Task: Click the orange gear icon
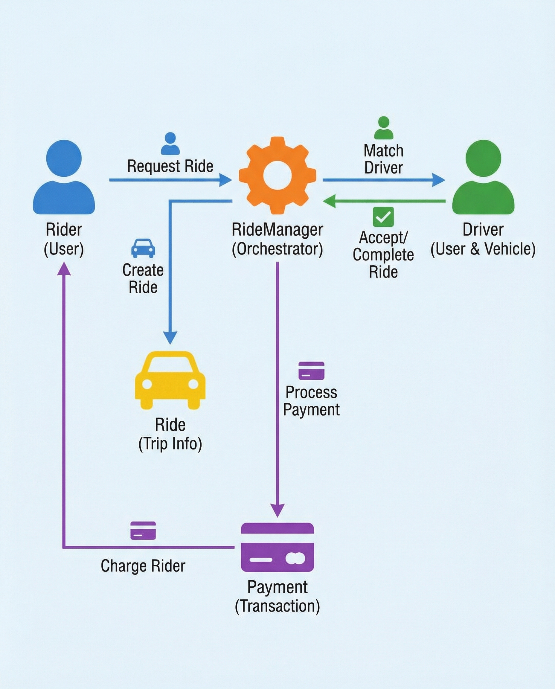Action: pyautogui.click(x=277, y=176)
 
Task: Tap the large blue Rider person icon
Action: pyautogui.click(x=64, y=178)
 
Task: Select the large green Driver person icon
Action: pyautogui.click(x=483, y=178)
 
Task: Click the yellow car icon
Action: pyautogui.click(x=170, y=380)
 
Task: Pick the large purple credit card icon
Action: pyautogui.click(x=277, y=547)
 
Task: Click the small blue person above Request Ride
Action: pyautogui.click(x=170, y=144)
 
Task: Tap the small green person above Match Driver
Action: pyautogui.click(x=383, y=128)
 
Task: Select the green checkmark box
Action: pyautogui.click(x=383, y=217)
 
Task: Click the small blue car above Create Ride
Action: pyautogui.click(x=143, y=248)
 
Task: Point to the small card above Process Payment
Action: pyautogui.click(x=311, y=371)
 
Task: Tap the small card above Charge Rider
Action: pyautogui.click(x=143, y=531)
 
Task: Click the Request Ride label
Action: pyautogui.click(x=170, y=166)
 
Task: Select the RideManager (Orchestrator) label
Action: pyautogui.click(x=277, y=239)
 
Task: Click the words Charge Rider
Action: pyautogui.click(x=143, y=566)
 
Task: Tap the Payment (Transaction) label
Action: pyautogui.click(x=277, y=597)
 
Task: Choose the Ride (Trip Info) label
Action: pyautogui.click(x=170, y=434)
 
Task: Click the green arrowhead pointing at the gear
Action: pyautogui.click(x=330, y=201)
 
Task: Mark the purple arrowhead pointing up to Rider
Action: pyautogui.click(x=64, y=269)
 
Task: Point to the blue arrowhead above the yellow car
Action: pyautogui.click(x=170, y=337)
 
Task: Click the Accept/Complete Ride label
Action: pyautogui.click(x=383, y=255)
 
